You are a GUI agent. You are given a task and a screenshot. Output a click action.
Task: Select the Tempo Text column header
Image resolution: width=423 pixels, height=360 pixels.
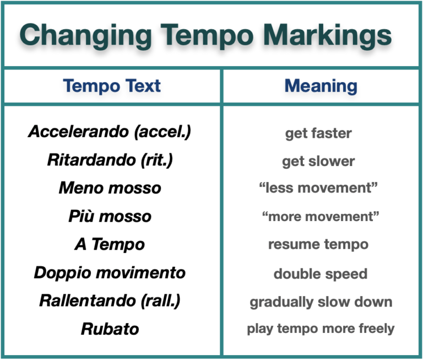pos(112,86)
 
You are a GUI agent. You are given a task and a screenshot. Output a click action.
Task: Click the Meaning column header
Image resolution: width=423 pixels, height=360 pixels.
pos(321,86)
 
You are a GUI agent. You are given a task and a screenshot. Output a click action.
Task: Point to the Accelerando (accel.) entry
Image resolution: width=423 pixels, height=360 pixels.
pos(110,132)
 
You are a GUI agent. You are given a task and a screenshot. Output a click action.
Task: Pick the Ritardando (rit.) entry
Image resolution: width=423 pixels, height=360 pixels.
pos(110,160)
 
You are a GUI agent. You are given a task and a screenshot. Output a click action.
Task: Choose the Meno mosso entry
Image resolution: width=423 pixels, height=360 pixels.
pos(110,188)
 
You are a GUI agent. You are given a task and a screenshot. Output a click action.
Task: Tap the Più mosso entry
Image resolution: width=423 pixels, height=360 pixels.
pos(110,216)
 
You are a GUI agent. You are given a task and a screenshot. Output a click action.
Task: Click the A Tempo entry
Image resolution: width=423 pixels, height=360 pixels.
pos(110,244)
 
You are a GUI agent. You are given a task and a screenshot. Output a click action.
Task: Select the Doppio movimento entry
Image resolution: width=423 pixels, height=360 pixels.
pos(110,272)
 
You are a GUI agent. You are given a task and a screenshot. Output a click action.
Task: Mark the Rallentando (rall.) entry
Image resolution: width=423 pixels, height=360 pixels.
pos(110,301)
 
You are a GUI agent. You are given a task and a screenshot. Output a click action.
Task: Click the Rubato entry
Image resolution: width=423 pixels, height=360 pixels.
pos(110,329)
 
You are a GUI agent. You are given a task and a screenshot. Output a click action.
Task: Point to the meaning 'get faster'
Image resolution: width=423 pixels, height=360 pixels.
pos(318,133)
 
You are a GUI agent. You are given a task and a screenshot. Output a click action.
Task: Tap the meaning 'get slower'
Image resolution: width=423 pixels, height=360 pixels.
pos(318,162)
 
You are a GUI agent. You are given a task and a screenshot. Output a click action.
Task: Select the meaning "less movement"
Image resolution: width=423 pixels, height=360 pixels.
pos(318,188)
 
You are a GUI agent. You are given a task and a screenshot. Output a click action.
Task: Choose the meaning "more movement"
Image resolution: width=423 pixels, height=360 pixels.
pos(321,216)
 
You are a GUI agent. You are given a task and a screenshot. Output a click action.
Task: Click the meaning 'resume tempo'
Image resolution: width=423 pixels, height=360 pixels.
pos(318,244)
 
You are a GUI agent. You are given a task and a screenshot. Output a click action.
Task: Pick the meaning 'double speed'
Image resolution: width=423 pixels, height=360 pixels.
pos(320,273)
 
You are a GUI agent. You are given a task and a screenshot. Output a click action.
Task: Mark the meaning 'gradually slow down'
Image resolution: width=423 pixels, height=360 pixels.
pos(321,302)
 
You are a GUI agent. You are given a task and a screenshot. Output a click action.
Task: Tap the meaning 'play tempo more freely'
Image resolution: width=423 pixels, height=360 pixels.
pos(321,329)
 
